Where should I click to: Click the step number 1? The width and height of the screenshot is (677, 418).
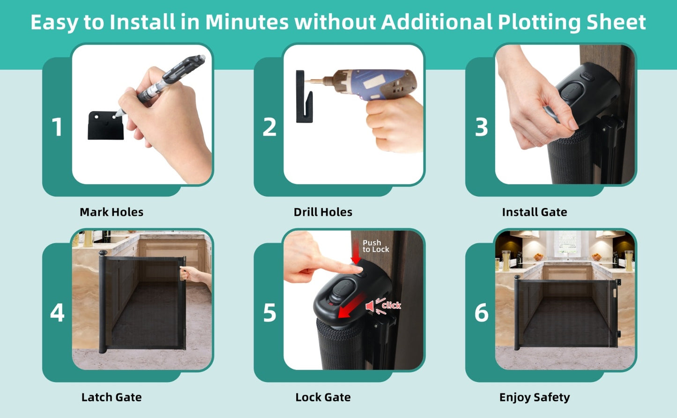coord(57,127)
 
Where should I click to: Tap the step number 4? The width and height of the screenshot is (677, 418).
coord(57,313)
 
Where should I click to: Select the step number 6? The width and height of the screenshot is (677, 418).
coord(482,313)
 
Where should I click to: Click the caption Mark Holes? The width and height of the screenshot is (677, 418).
coord(112,212)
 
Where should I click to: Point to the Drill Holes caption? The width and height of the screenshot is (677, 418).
coord(323,212)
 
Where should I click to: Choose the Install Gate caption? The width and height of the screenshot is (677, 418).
coord(535,212)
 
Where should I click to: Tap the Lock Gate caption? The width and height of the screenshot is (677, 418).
coord(323,397)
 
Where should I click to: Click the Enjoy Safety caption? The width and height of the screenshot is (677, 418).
coord(535,397)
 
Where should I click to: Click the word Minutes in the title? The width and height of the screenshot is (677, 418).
coord(247,22)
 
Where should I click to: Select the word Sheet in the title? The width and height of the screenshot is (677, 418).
coord(616,22)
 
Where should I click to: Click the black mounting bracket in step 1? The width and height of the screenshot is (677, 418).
coord(105,125)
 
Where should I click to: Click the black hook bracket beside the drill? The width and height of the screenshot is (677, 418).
coord(304,96)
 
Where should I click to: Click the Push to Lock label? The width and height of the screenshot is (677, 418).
coord(376,246)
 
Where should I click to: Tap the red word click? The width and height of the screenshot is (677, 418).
coord(391,305)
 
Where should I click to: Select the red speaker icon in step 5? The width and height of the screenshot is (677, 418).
coord(370,306)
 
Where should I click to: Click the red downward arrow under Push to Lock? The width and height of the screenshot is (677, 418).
coord(356,252)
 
